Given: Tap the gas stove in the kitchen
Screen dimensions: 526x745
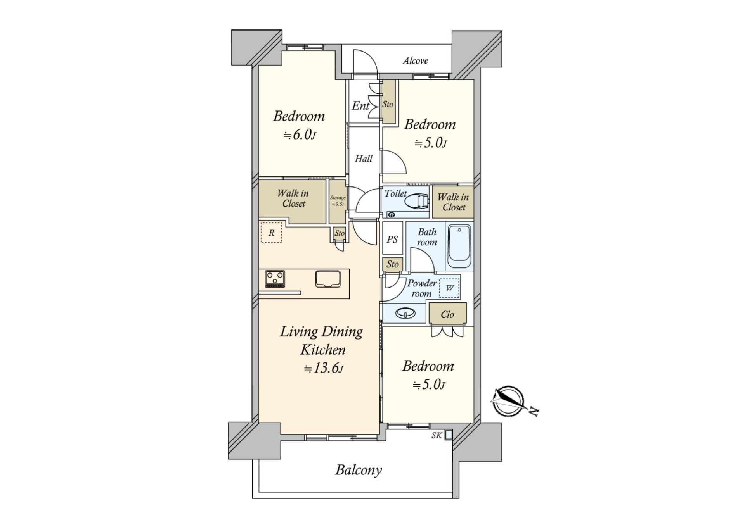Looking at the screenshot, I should pos(275,279).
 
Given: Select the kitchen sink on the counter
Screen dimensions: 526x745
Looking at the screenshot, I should pos(328,279).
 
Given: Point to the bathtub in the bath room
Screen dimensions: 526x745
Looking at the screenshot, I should pos(459,247).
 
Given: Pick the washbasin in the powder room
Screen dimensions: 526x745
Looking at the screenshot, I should pos(405,312).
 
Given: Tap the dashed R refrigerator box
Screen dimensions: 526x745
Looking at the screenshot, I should pos(271,233).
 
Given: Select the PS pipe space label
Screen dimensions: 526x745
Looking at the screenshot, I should pos(392,240).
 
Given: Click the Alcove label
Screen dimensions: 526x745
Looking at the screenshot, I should pos(415,60).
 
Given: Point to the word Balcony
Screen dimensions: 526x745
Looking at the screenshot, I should pos(358,470).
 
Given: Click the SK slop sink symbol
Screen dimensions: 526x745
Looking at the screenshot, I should pos(448,435).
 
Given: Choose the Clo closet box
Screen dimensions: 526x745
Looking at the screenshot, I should pos(447,314).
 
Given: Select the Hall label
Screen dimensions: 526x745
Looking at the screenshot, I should pos(364,159).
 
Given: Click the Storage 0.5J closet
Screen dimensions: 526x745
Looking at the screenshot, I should pos(337,201).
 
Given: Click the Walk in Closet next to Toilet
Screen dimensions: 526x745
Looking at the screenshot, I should pos(453,202).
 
